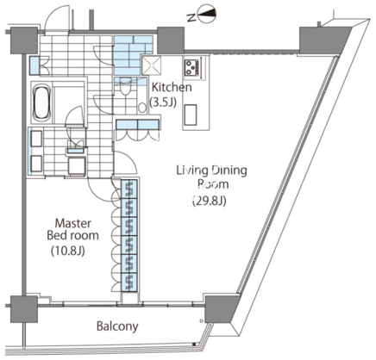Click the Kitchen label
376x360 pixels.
172,87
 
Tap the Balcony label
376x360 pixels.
117,326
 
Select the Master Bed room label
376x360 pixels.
72,229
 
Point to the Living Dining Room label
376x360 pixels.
211,177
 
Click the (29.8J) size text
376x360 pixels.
209,201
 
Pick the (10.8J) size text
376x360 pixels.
68,251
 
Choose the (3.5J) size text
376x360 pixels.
163,102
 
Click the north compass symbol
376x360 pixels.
207,13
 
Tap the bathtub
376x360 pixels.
42,102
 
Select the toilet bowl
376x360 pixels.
125,87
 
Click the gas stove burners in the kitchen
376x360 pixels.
191,68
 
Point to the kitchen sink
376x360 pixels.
191,115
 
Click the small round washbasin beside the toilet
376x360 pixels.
142,108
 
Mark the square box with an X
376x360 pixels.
152,65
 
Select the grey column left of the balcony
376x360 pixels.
24,309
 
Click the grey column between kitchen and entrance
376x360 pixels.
171,40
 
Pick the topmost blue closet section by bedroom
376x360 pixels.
128,189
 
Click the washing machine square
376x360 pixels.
77,165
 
